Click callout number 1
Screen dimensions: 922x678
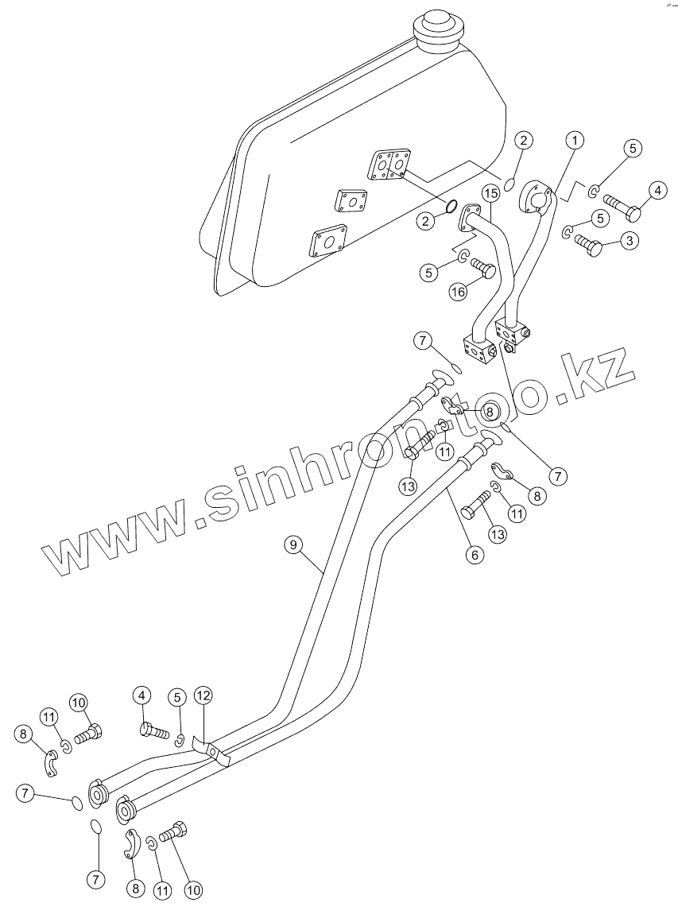pyautogui.click(x=575, y=140)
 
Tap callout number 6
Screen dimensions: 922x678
pyautogui.click(x=475, y=555)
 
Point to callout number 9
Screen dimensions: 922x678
pyautogui.click(x=293, y=544)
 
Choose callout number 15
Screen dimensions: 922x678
pyautogui.click(x=490, y=193)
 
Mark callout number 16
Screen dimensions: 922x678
pyautogui.click(x=458, y=292)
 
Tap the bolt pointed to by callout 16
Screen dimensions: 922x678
pyautogui.click(x=482, y=269)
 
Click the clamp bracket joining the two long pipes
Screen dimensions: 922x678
pyautogui.click(x=212, y=750)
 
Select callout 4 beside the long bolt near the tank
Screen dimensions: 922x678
pyautogui.click(x=658, y=190)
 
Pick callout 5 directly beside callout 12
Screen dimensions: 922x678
pyautogui.click(x=177, y=697)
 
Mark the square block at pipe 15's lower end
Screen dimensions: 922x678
pyautogui.click(x=478, y=349)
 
